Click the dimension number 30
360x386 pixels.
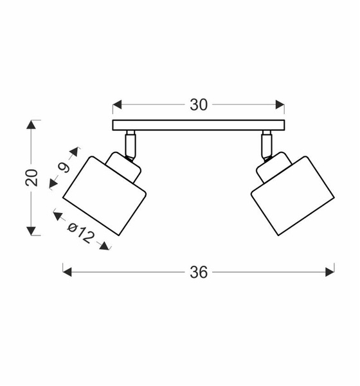tap(199, 105)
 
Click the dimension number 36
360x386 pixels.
tap(199, 273)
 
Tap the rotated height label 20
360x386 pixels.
tap(32, 178)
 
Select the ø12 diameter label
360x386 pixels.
tap(81, 234)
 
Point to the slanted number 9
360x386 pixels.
tap(64, 168)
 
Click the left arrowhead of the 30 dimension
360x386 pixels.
tap(117, 105)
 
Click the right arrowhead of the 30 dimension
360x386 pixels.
tap(280, 105)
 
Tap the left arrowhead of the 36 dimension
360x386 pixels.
tap(67, 272)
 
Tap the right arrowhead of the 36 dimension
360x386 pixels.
tap(330, 272)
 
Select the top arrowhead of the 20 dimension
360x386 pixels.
tap(32, 125)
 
